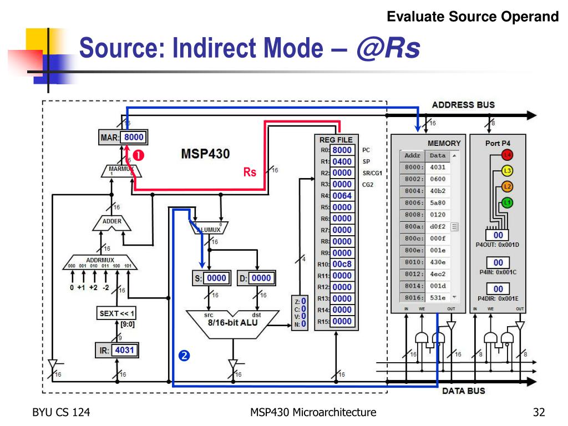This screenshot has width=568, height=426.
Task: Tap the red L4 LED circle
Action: point(506,155)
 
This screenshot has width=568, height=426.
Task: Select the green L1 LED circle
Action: point(506,202)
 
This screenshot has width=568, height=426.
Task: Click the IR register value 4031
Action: point(124,351)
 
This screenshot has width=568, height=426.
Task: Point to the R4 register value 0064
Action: point(342,196)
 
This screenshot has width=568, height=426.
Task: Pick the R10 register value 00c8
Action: point(342,264)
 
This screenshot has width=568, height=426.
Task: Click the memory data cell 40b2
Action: point(438,191)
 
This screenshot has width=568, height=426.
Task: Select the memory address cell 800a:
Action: point(414,226)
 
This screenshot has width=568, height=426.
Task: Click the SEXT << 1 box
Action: point(116,313)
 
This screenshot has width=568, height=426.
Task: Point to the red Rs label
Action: point(250,172)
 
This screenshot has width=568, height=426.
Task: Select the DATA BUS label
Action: point(464,391)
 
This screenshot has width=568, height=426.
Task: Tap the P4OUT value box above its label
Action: point(498,236)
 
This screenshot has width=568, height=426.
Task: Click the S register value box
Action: point(217,278)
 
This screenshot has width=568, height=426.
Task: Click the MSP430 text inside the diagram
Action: point(205,154)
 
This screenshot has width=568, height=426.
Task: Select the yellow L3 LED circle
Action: point(506,171)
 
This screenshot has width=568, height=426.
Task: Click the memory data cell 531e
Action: point(438,297)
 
